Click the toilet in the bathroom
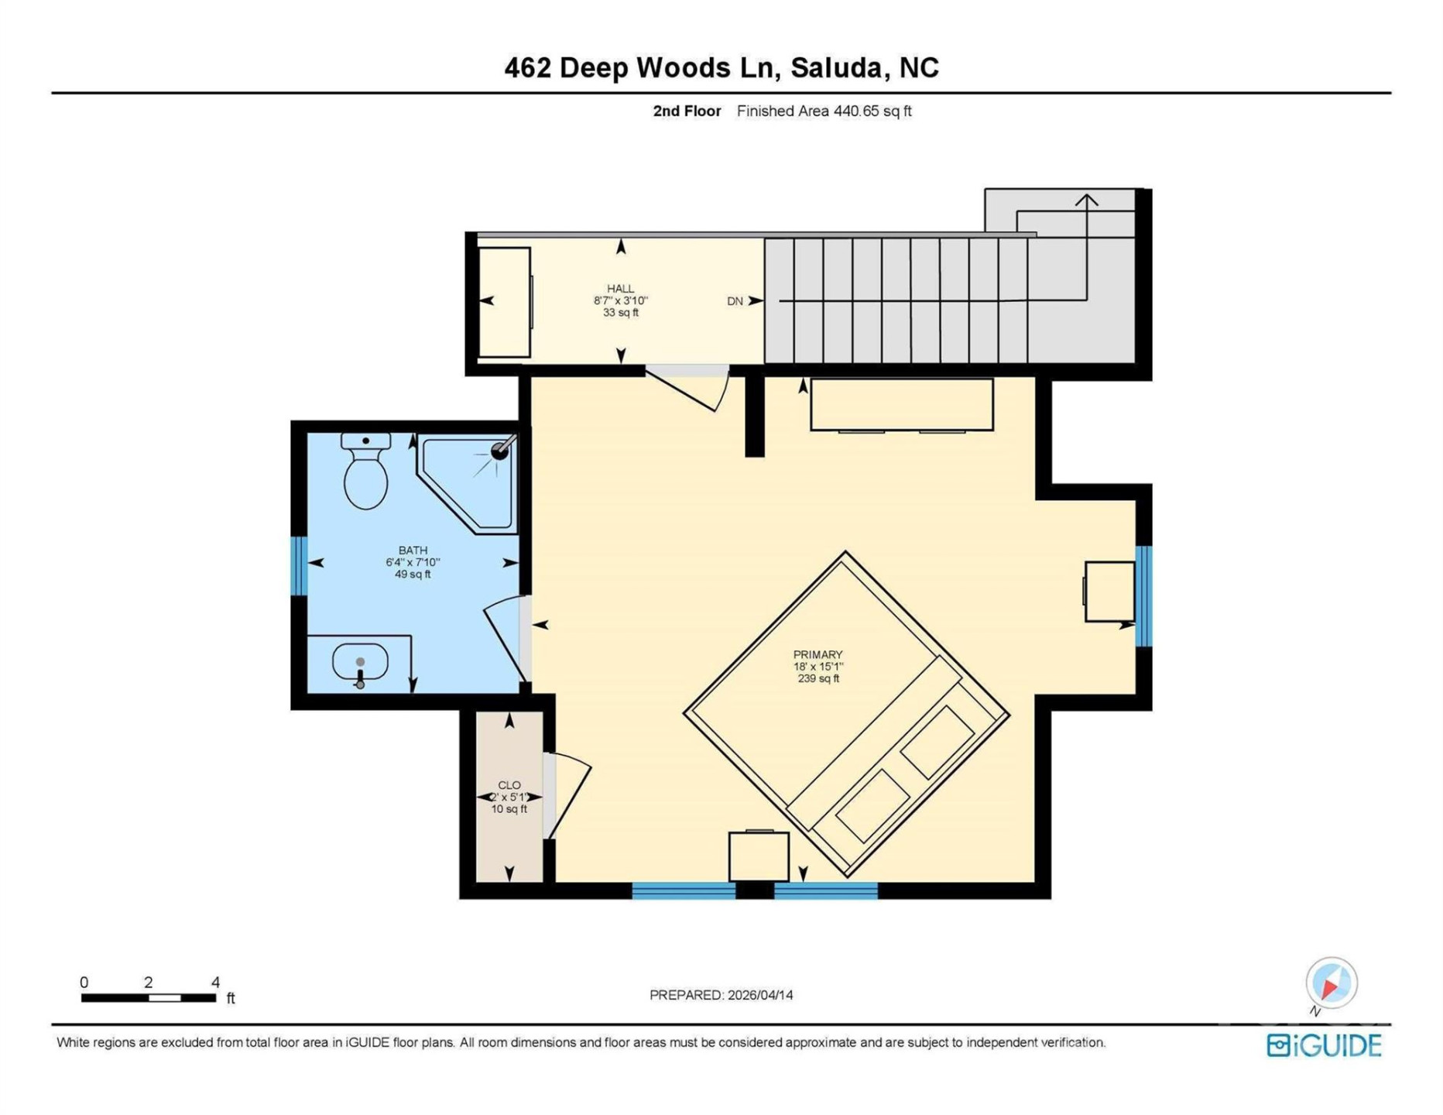365,474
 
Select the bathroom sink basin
360,663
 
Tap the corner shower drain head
500,451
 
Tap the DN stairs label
735,301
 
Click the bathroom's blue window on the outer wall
299,566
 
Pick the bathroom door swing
505,639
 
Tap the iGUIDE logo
1324,1045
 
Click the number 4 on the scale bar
216,983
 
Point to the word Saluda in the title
836,68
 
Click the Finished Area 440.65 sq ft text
824,111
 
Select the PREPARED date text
721,996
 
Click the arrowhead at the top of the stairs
1086,201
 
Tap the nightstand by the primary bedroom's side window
1109,592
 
